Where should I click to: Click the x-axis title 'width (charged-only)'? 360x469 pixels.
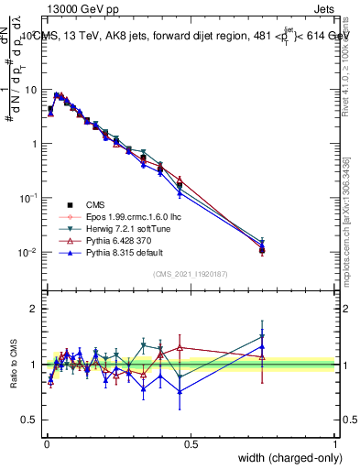[x=286, y=458]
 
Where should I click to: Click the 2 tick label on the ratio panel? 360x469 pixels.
[x=36, y=309]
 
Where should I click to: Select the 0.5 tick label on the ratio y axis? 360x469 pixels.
[x=31, y=420]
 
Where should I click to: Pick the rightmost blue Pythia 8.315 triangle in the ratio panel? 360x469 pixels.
[x=262, y=348]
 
